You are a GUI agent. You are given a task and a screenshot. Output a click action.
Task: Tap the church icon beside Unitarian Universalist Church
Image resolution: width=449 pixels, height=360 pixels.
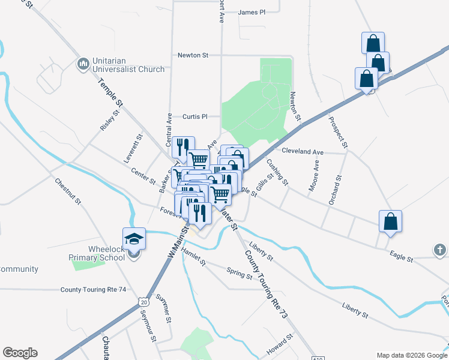click(83, 64)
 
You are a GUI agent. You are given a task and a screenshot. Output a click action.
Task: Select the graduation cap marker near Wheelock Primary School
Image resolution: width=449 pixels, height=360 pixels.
click(134, 238)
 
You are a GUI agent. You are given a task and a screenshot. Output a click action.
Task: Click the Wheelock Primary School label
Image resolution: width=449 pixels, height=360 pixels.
click(96, 253)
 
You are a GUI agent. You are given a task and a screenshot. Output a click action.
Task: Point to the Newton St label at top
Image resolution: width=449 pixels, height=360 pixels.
click(192, 55)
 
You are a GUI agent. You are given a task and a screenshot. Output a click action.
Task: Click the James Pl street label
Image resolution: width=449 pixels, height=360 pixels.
click(252, 12)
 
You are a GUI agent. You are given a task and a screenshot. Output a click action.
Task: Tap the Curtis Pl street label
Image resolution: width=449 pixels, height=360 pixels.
click(194, 116)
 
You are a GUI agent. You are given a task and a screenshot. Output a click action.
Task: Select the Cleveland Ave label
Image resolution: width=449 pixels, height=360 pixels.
click(303, 152)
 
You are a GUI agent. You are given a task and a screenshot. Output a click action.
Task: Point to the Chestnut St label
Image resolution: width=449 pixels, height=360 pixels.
click(67, 190)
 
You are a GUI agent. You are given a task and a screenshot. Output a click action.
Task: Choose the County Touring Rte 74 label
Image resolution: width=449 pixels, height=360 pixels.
click(93, 289)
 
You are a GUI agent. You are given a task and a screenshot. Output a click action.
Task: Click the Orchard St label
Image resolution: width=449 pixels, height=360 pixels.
click(335, 190)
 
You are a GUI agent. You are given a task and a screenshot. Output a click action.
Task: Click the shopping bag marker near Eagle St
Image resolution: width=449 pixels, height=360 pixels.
click(391, 221)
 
